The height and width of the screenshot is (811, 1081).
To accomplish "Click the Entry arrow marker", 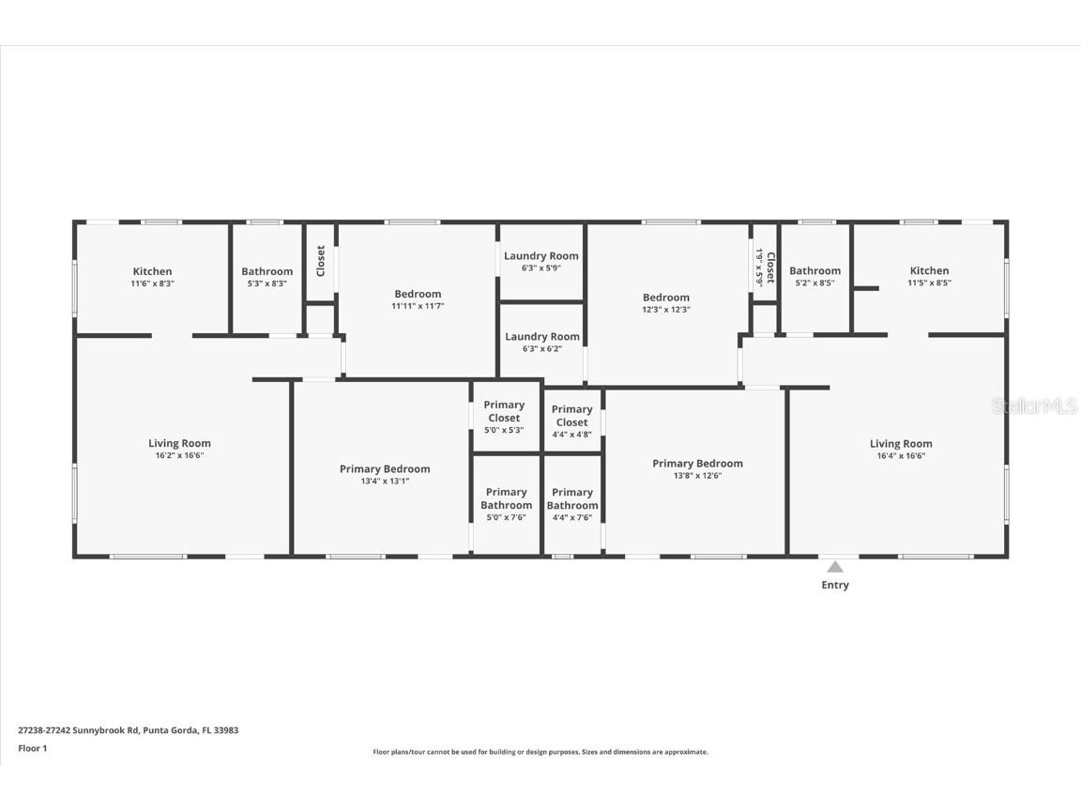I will click(x=834, y=567).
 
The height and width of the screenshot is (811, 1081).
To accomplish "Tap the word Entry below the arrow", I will click(x=834, y=585).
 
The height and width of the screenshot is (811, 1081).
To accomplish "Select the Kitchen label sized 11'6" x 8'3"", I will click(x=152, y=271).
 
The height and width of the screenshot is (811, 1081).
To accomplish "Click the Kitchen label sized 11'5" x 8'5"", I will click(x=928, y=270).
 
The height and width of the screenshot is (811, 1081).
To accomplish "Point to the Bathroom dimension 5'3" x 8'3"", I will click(x=267, y=283).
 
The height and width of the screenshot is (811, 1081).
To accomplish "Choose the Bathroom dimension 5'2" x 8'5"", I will click(x=815, y=283).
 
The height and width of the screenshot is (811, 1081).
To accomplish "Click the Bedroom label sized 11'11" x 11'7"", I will click(x=417, y=294).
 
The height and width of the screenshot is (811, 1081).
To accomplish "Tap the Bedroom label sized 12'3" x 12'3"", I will click(x=666, y=298).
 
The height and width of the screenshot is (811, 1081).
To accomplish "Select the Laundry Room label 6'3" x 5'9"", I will click(x=541, y=255).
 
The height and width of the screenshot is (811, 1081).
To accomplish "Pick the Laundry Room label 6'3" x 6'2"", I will click(x=542, y=336).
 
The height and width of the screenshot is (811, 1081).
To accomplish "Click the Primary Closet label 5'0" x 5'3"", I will click(x=504, y=411).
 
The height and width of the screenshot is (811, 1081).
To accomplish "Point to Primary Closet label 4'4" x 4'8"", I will click(x=571, y=415).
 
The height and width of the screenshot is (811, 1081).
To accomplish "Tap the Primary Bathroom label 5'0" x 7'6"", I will click(x=506, y=498).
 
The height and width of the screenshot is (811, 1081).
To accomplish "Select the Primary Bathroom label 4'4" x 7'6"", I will click(x=571, y=498).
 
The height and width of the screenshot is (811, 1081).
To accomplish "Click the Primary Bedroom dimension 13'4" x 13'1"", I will click(x=385, y=481).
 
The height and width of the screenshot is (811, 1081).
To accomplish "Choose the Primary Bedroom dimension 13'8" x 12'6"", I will click(x=697, y=475).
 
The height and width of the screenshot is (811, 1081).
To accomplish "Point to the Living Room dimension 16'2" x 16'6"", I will click(x=179, y=455).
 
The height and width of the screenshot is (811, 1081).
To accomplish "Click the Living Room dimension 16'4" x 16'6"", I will click(x=901, y=455).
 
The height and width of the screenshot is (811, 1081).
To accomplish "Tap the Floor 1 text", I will click(x=32, y=748).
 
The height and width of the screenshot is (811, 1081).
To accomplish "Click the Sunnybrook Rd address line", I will click(x=128, y=729).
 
